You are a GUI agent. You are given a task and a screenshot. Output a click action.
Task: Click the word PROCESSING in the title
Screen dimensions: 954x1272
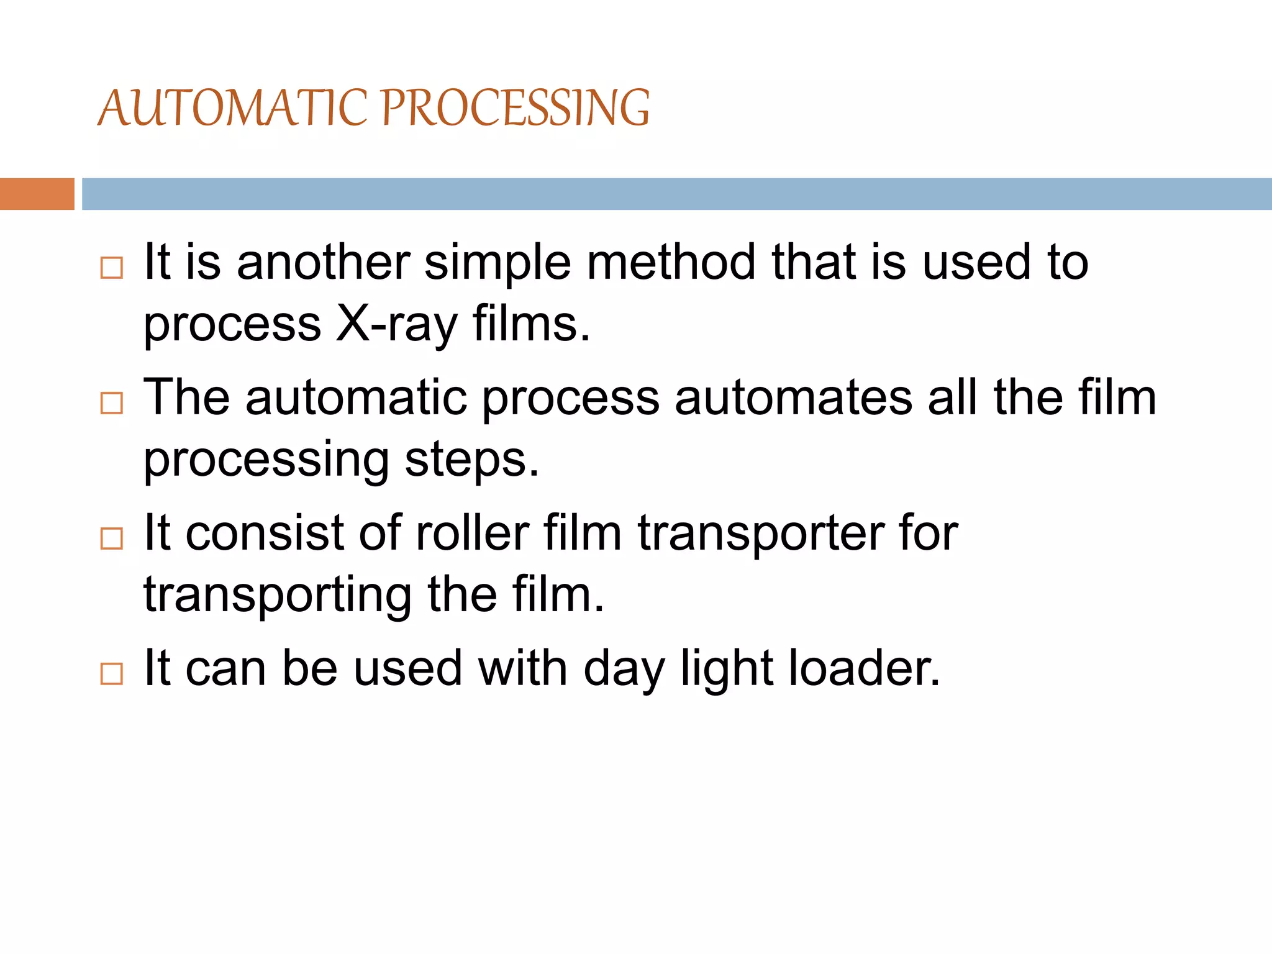pos(515,108)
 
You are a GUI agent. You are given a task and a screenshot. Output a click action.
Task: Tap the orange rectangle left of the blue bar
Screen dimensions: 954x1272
pos(37,194)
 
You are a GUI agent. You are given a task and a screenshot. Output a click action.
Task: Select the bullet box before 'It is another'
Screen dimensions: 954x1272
pos(112,268)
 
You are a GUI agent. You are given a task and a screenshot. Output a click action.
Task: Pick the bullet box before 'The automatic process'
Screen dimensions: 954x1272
pos(112,403)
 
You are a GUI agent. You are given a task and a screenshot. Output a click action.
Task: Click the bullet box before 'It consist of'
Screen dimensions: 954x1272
pos(112,538)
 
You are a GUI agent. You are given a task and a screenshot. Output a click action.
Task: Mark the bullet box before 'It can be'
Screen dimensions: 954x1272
pos(112,673)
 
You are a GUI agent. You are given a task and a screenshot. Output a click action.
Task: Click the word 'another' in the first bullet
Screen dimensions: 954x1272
pos(323,262)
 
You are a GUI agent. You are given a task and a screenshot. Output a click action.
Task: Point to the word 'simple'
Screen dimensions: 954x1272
pos(497,262)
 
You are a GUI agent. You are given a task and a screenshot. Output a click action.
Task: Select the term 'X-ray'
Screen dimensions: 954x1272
pos(396,324)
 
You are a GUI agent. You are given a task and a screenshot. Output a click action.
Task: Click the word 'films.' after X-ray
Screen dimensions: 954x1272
pos(531,324)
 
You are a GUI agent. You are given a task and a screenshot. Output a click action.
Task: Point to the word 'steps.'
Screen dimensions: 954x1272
pos(472,460)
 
